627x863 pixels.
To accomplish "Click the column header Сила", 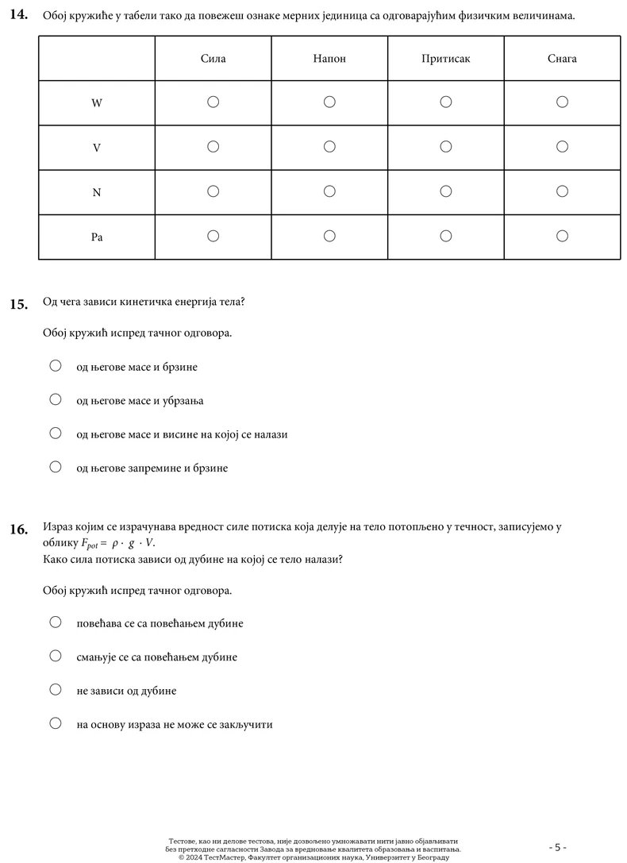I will (213, 59).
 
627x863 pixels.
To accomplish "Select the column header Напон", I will (329, 59).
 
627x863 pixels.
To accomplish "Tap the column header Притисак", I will (445, 59).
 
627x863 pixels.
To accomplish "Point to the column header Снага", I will (562, 59).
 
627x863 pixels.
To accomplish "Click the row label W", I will (97, 103).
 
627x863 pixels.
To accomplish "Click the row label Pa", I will (97, 237).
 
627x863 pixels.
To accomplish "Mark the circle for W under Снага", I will (562, 102).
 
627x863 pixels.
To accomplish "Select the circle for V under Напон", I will (329, 146).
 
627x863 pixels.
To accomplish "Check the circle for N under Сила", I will (213, 191).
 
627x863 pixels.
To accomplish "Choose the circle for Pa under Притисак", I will (445, 235).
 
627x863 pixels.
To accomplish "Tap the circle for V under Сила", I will (213, 146).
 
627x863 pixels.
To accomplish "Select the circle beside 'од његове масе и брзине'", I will (56, 366).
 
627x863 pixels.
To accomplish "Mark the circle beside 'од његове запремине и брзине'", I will (56, 467).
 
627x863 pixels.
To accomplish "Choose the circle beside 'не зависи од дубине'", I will (56, 689).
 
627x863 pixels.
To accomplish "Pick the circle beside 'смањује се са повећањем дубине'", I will (56, 656).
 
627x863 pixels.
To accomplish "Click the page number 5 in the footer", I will (557, 847).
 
